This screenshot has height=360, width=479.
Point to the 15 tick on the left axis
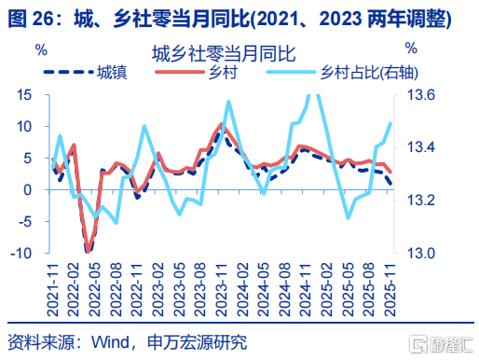tap(24, 94)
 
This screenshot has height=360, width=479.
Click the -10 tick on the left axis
tap(21, 253)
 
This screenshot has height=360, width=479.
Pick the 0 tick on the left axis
tap(28, 189)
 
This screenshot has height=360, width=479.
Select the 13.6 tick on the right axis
tap(421, 94)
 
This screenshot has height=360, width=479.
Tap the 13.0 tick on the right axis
tap(421, 253)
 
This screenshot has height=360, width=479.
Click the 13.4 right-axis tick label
tap(421, 147)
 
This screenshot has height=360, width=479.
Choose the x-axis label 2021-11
tap(53, 290)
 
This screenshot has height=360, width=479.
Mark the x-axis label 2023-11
tap(222, 290)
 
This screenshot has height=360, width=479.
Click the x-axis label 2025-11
tap(390, 290)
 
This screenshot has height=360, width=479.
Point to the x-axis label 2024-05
tap(264, 290)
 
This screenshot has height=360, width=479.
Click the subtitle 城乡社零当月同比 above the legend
tap(224, 54)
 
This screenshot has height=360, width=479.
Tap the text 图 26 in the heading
tap(31, 18)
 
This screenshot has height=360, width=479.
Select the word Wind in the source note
tap(110, 342)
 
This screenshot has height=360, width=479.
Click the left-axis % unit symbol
tap(41, 49)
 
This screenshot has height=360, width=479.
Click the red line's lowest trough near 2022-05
tap(89, 251)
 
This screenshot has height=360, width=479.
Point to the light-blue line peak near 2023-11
tap(228, 102)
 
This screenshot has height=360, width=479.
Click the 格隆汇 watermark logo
tap(441, 344)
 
